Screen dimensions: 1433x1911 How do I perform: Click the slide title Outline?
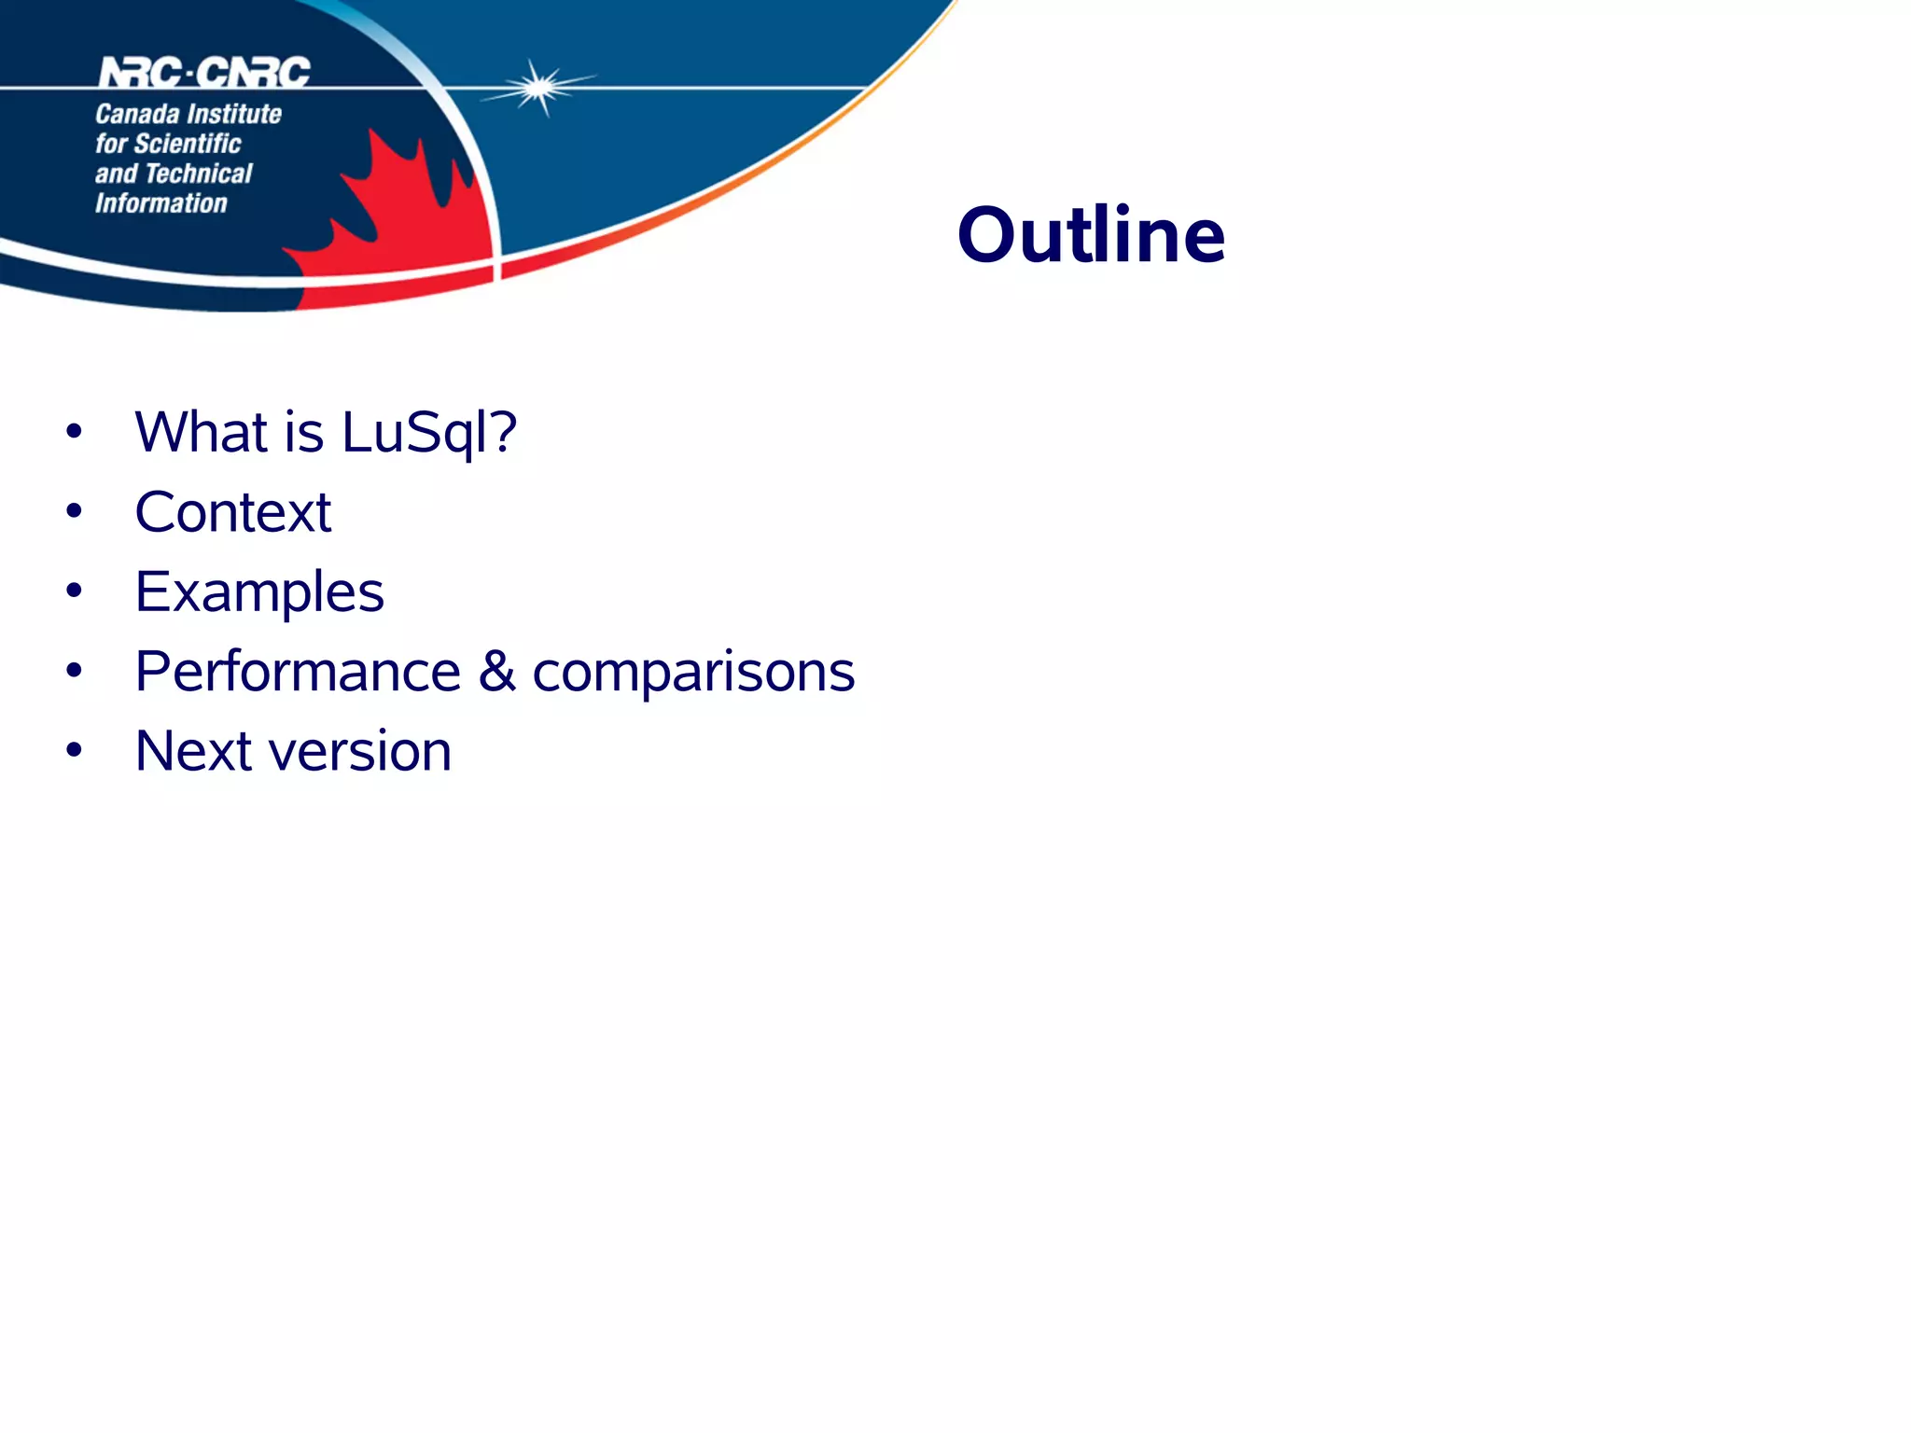1091,235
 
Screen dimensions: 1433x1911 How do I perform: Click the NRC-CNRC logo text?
204,72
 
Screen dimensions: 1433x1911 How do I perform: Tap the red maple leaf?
401,224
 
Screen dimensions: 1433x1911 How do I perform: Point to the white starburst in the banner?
538,88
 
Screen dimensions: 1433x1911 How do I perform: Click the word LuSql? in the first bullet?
428,433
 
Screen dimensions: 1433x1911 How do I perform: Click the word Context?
233,512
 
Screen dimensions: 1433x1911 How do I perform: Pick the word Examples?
259,592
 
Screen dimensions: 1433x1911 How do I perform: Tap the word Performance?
298,672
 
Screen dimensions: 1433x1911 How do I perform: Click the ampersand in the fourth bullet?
497,672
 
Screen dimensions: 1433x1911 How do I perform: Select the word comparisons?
693,673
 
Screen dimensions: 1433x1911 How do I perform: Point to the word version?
359,752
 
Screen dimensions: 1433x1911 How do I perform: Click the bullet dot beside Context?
75,511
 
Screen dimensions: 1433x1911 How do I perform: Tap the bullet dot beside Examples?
75,591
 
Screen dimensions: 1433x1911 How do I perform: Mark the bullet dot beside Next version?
75,750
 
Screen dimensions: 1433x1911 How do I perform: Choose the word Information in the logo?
161,203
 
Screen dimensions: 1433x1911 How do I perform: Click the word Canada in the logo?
137,114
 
